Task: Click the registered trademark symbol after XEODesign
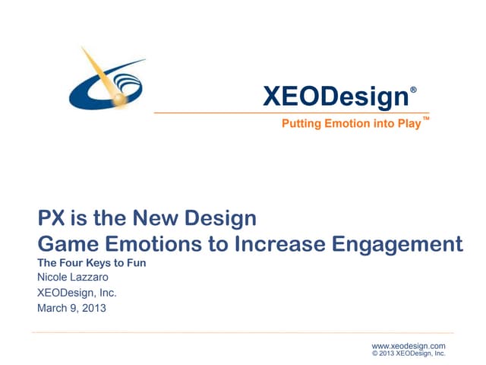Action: click(413, 90)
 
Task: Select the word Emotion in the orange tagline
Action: click(342, 123)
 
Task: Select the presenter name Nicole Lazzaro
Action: click(73, 278)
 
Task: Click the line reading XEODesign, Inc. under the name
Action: click(77, 293)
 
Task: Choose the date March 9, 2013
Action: click(72, 308)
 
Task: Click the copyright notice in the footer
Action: click(409, 354)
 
